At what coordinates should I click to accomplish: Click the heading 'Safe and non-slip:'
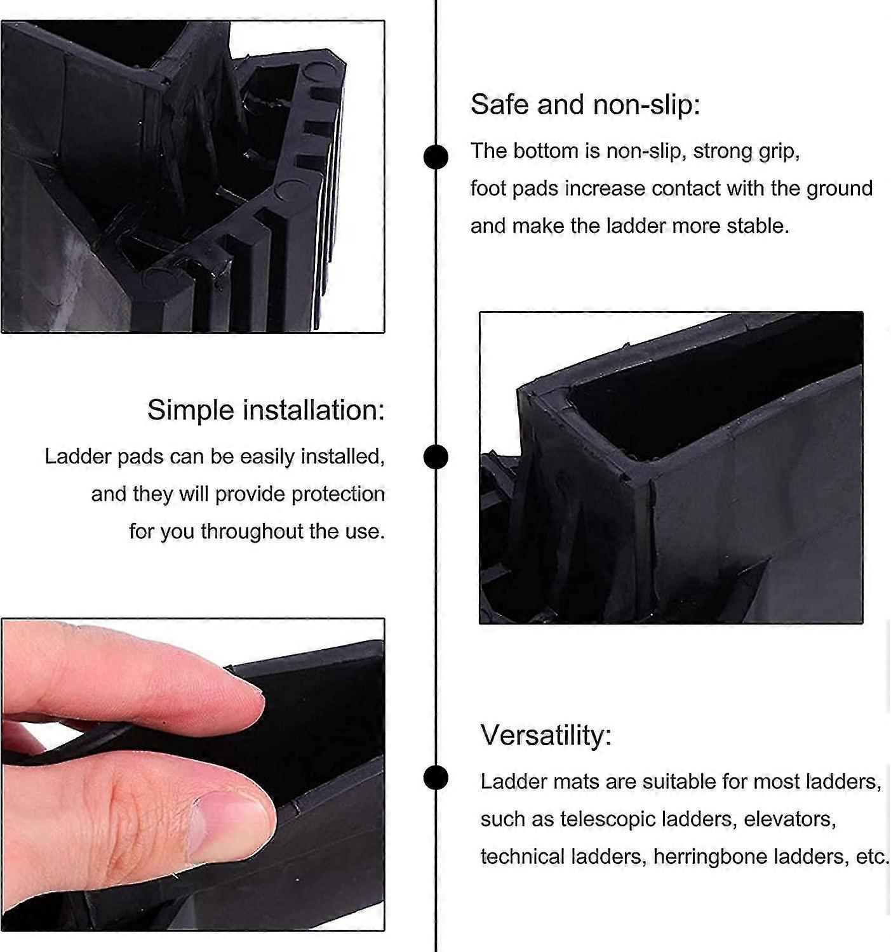pyautogui.click(x=585, y=105)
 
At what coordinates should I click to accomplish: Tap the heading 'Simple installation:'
pyautogui.click(x=266, y=410)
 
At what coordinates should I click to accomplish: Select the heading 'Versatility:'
pyautogui.click(x=546, y=736)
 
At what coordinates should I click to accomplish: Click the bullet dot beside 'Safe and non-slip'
pyautogui.click(x=436, y=157)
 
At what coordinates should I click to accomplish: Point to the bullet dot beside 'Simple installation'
pyautogui.click(x=436, y=457)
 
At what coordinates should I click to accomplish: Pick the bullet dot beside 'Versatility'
pyautogui.click(x=436, y=777)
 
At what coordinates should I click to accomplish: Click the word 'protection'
pyautogui.click(x=338, y=494)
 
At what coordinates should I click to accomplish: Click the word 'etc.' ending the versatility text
pyautogui.click(x=872, y=857)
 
